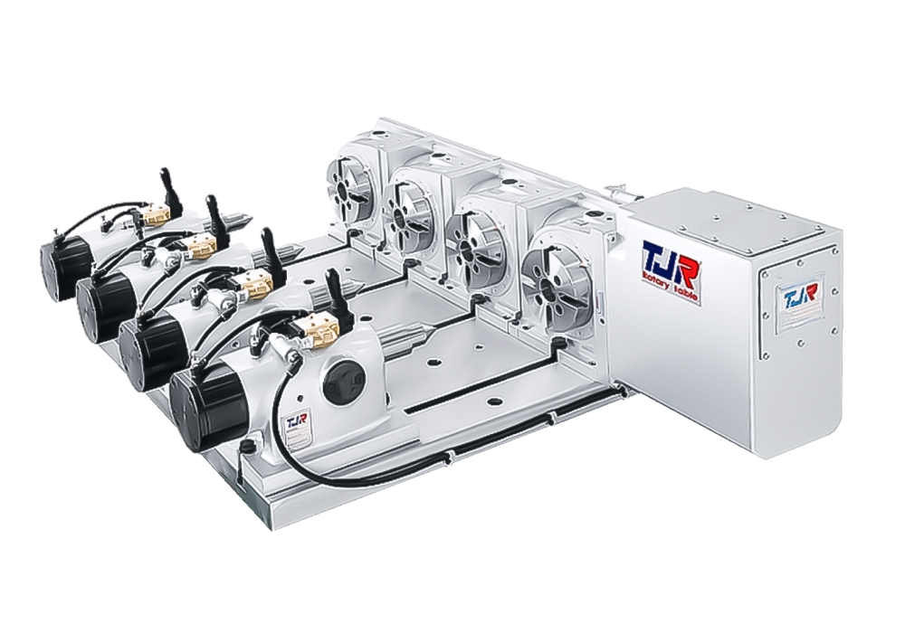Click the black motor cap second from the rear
coord(102,303)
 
